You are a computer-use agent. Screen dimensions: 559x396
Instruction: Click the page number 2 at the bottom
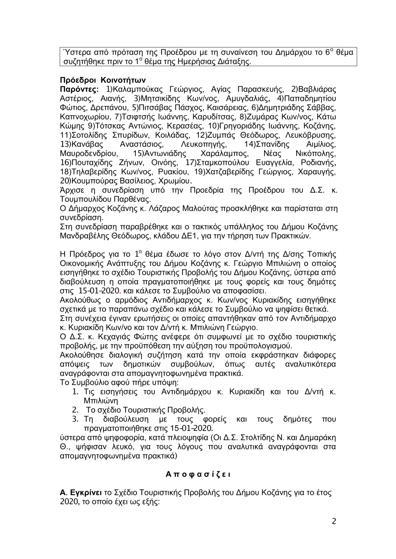(x=334, y=521)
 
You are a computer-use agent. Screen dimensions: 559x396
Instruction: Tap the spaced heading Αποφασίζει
(x=198, y=474)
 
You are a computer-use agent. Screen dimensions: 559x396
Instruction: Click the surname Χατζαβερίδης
(x=224, y=172)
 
